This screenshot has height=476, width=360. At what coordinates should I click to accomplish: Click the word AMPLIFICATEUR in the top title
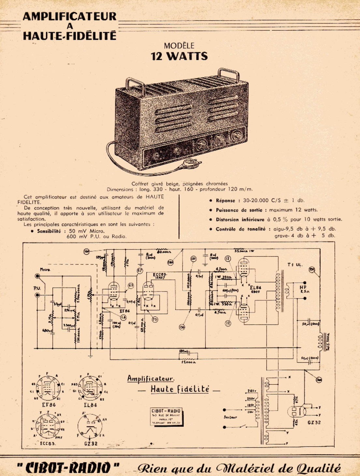(69, 16)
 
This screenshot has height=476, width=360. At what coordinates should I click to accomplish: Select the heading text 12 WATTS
(179, 56)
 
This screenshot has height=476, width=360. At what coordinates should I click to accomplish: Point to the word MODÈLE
(179, 46)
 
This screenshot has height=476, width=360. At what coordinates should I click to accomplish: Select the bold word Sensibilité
(49, 231)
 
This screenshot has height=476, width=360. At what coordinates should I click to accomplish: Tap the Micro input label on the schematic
(45, 270)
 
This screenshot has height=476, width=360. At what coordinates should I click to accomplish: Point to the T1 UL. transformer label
(295, 265)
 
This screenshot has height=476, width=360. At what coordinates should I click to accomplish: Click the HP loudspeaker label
(303, 287)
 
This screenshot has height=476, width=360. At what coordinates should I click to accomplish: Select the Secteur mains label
(230, 417)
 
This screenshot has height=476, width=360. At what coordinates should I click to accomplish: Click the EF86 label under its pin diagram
(49, 405)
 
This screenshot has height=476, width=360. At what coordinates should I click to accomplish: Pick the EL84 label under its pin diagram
(90, 405)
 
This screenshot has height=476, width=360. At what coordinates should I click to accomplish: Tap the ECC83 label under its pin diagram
(48, 443)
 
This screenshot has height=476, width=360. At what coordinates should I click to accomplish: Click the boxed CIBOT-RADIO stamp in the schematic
(166, 417)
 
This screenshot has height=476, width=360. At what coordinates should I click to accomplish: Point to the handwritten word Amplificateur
(151, 379)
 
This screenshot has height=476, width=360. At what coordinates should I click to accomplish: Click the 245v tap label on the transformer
(251, 391)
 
